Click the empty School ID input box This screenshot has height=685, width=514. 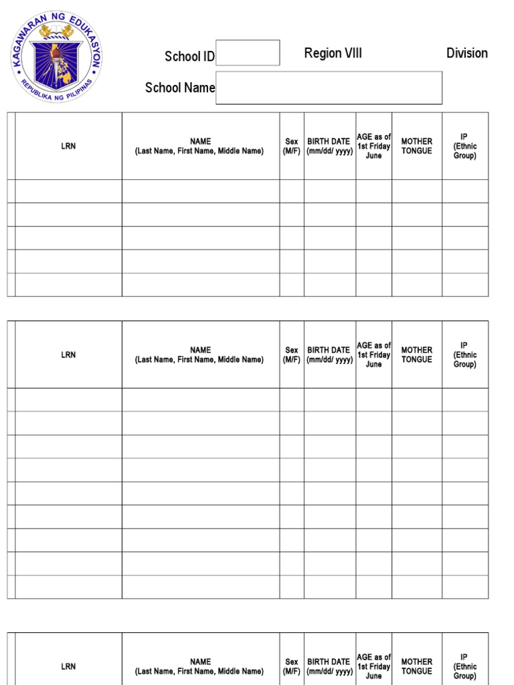coord(248,53)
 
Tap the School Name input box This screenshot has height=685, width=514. coord(329,88)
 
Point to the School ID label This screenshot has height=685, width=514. coord(189,56)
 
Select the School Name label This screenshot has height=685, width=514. coord(180,88)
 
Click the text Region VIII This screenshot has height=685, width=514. coord(333,54)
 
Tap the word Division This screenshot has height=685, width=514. coord(466,54)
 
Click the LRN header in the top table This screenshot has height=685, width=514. coord(68,146)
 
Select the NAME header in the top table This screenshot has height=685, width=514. coord(200,146)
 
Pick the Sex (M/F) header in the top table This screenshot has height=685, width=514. coord(292,146)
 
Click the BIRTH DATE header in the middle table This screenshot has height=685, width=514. coord(329,355)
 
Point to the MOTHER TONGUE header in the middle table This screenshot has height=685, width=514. coord(416,355)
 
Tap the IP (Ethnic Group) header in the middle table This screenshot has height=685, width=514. coord(464,355)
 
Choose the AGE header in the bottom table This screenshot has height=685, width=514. coord(373,666)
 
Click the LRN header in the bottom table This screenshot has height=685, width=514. coord(68,666)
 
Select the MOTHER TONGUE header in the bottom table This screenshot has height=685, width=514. coord(416,666)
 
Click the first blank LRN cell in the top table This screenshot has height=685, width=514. coord(68,191)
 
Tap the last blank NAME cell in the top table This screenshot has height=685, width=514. coord(200,285)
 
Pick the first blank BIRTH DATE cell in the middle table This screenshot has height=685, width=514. coord(329,400)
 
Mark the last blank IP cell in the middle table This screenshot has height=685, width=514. coord(464,587)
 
